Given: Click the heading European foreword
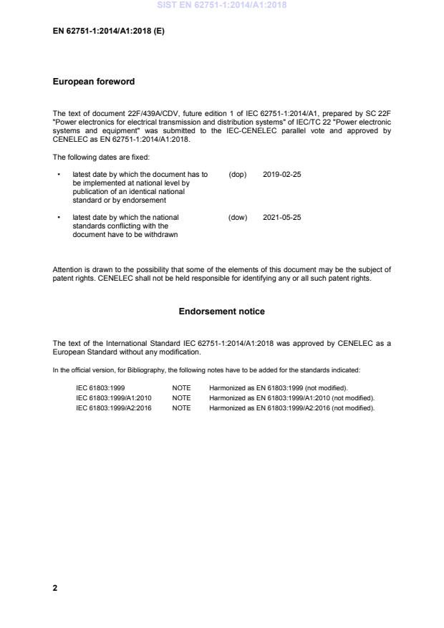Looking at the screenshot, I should coord(94,82).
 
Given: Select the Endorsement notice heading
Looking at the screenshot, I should coord(221,311).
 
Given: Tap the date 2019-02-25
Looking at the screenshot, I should coord(282,174).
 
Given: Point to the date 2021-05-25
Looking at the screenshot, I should coord(282,217).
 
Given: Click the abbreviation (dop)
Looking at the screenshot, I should coord(237,174).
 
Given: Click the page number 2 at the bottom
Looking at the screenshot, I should coord(55,587).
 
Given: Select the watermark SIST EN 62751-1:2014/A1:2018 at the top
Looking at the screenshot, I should coord(221,6).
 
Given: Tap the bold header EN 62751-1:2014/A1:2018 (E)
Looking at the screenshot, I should coord(109,31).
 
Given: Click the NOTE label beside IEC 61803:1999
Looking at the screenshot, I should coord(182,387).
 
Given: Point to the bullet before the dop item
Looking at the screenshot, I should coord(57,174).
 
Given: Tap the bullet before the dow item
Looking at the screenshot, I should coord(57,217).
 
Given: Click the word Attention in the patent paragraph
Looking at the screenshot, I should coord(67,270).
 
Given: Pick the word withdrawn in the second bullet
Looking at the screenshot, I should coord(161,234).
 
